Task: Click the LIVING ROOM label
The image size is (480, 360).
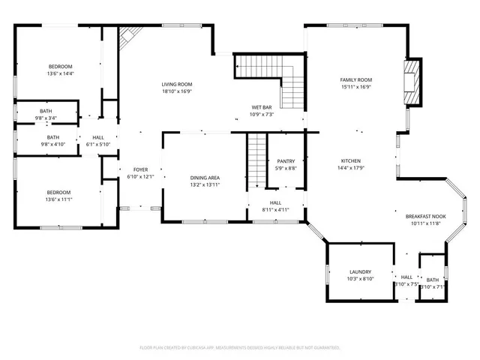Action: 177,84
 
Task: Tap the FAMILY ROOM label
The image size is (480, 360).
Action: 355,79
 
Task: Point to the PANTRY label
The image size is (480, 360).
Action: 286,161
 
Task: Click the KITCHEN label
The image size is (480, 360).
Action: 351,161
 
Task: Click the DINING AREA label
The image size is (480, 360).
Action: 204,177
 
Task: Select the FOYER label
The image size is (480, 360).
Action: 140,170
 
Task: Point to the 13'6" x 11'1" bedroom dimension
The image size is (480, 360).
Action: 61,200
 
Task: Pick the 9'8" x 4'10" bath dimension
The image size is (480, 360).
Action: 53,144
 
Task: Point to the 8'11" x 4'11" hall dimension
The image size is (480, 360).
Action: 275,210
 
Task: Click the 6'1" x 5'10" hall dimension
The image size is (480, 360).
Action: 98,144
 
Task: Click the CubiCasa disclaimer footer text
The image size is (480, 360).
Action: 240,348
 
